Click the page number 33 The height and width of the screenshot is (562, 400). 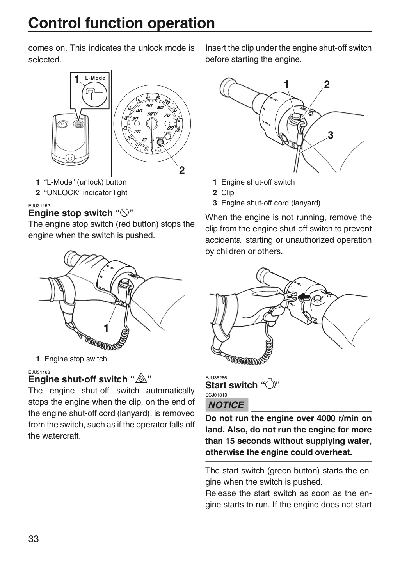tap(34, 539)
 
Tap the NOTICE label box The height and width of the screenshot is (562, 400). tap(227, 405)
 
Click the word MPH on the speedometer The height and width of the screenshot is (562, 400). tap(152, 114)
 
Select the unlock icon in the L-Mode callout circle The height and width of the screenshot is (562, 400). tap(94, 94)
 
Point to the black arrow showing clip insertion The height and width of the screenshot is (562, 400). tap(304, 298)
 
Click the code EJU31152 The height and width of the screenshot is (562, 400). tap(39, 206)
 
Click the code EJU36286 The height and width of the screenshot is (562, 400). tap(216, 378)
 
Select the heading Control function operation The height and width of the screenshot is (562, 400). tap(121, 23)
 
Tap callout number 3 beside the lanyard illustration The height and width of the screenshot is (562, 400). tap(331, 135)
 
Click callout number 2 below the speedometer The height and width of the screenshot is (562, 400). tap(182, 170)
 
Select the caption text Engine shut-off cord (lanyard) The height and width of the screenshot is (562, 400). tap(271, 203)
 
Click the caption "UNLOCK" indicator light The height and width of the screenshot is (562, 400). tap(85, 192)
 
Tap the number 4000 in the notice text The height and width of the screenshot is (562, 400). tap(326, 418)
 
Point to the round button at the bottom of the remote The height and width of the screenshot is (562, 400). tap(71, 158)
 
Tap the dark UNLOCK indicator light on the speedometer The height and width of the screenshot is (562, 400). tap(160, 142)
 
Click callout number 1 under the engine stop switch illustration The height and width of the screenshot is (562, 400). tap(106, 328)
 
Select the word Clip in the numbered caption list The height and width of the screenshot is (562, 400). tap(228, 192)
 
